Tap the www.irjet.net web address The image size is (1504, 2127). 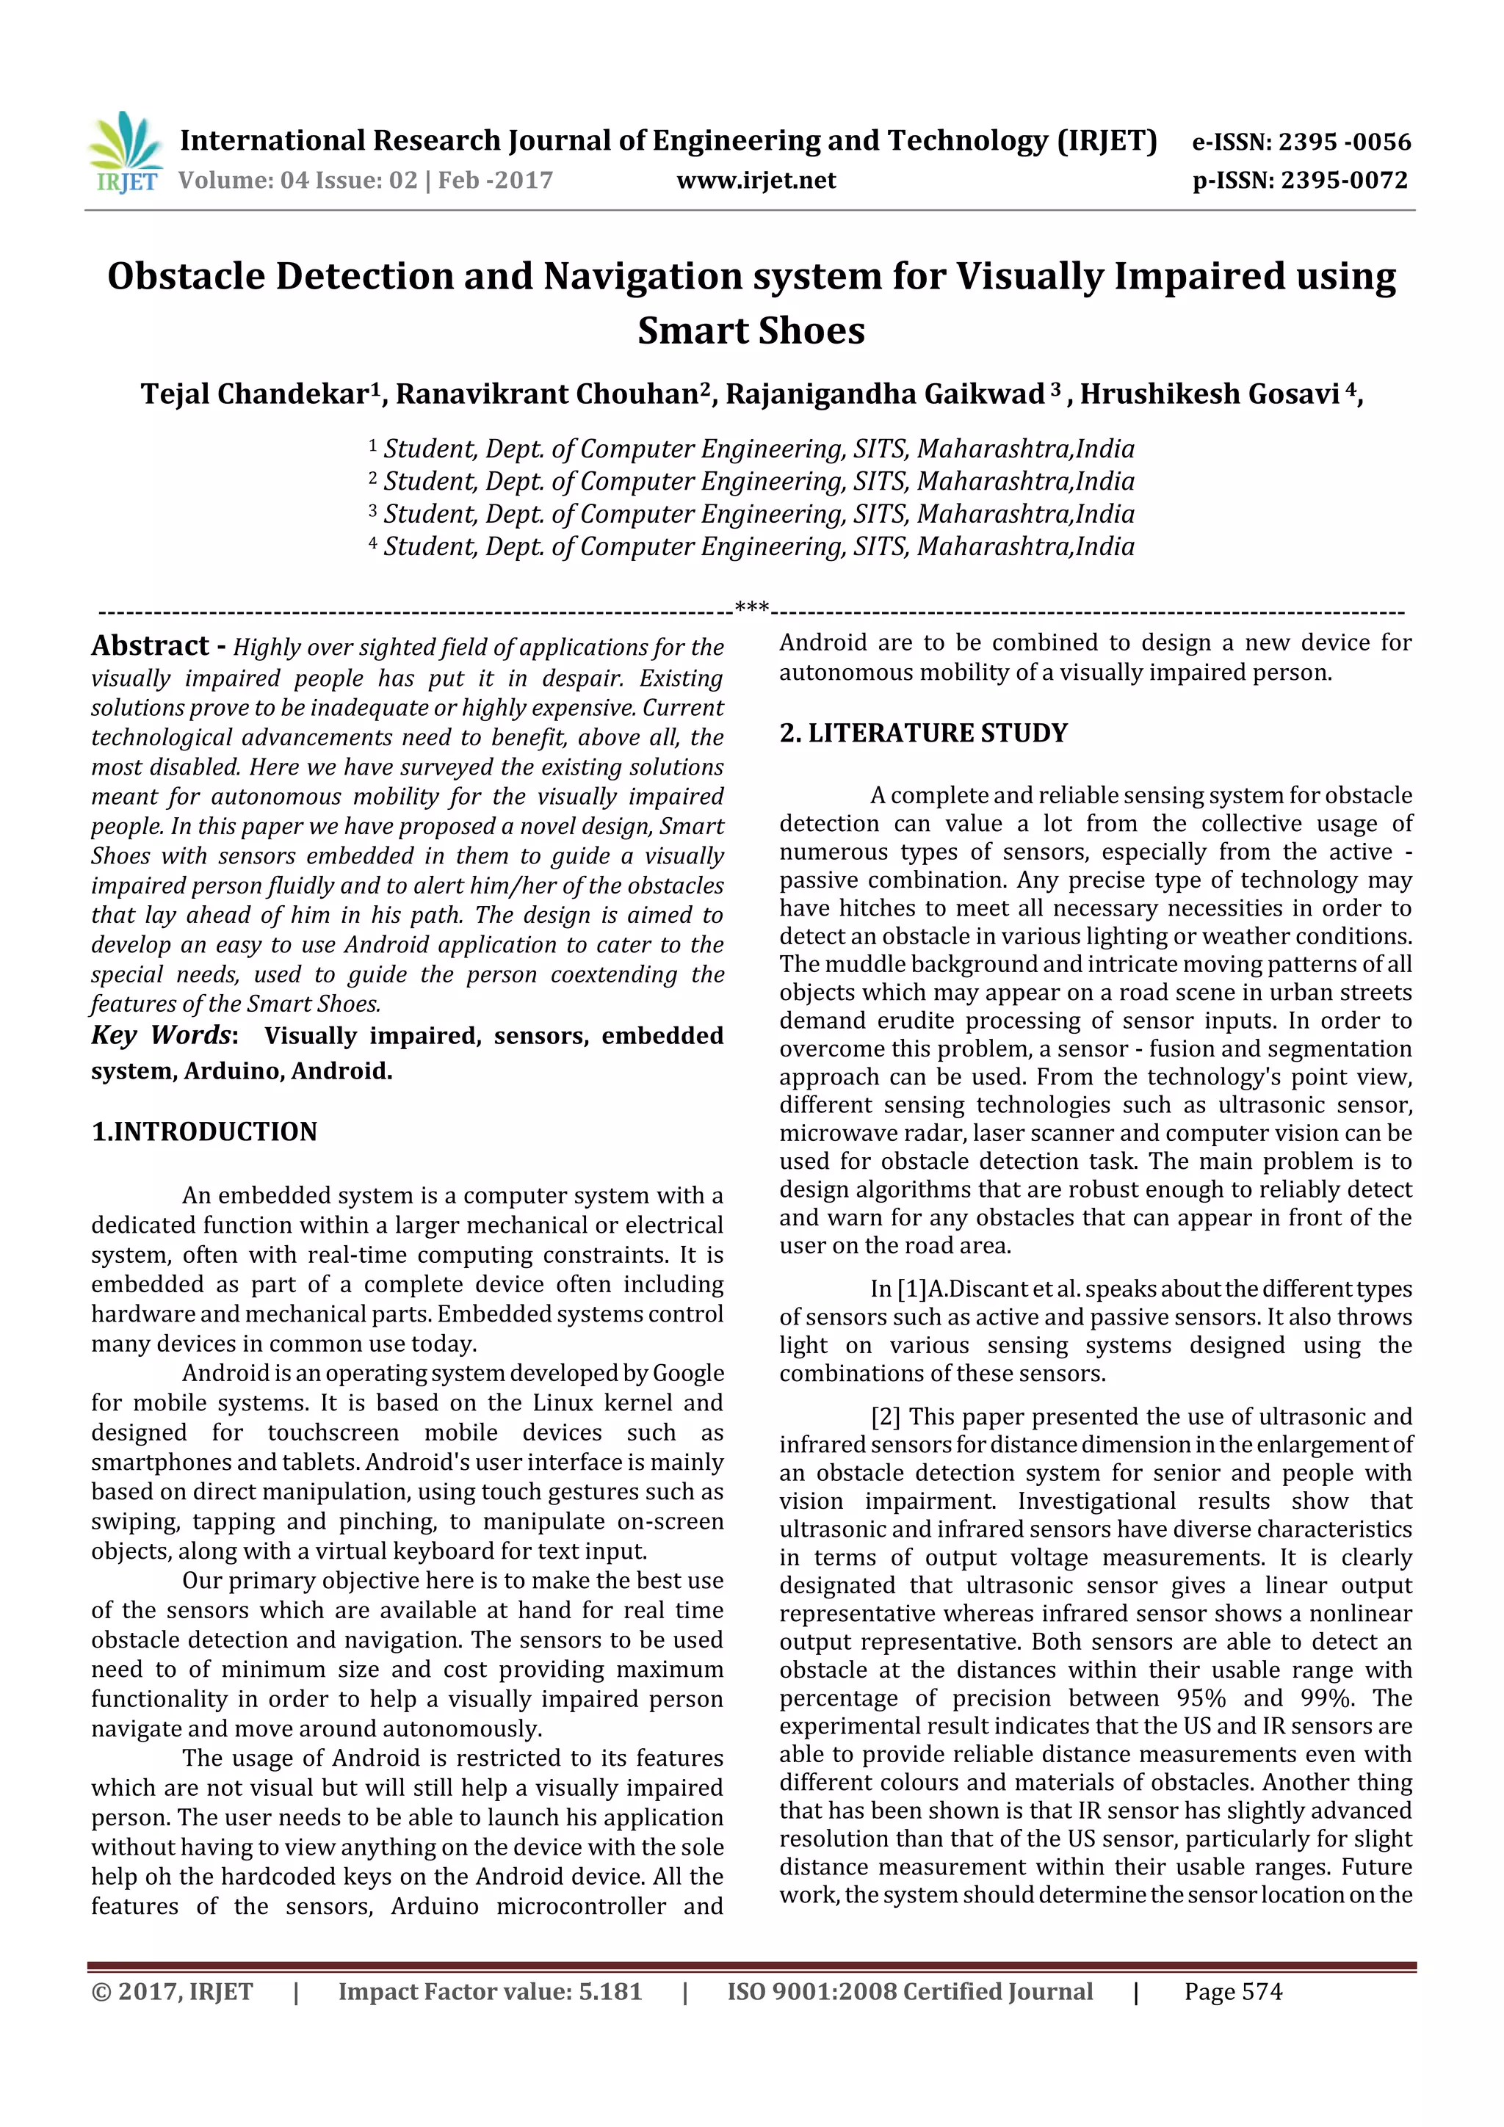[x=756, y=181]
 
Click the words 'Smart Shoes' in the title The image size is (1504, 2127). [x=751, y=330]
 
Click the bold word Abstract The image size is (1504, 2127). [x=150, y=645]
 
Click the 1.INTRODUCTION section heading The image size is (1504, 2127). [x=204, y=1131]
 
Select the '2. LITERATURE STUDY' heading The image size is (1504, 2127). [x=923, y=733]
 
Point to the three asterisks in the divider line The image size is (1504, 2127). [x=751, y=608]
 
